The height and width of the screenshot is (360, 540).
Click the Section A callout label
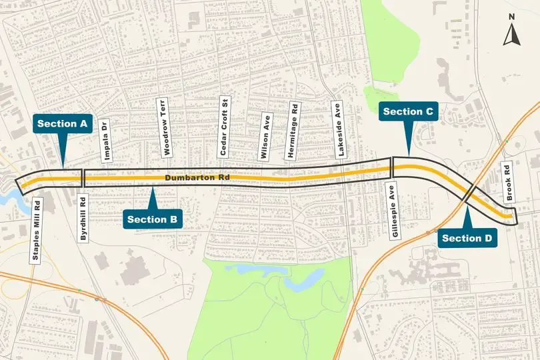(63, 123)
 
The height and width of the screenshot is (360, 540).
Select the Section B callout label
(153, 219)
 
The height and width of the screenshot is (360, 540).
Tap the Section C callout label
(409, 111)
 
